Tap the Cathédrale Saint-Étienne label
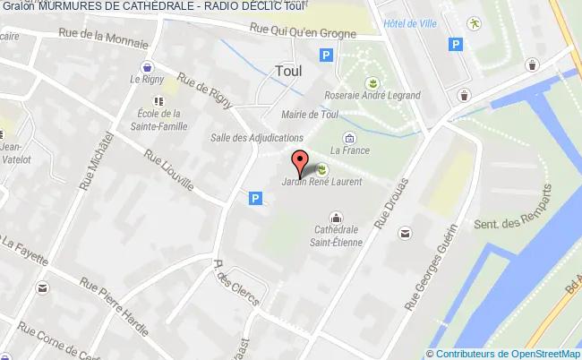(336, 234)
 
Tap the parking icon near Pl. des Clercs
(256, 198)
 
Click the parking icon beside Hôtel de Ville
(457, 43)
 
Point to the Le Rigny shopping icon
(147, 67)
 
